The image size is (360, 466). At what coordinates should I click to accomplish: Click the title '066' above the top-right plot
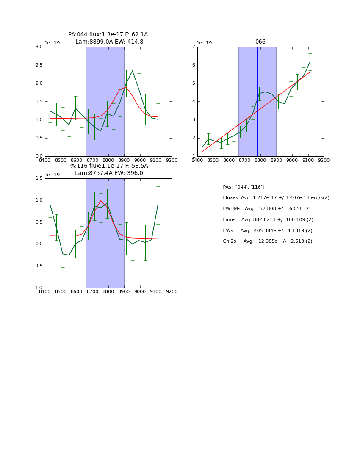tap(260, 42)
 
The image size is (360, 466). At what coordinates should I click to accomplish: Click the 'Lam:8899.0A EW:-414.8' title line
tap(109, 42)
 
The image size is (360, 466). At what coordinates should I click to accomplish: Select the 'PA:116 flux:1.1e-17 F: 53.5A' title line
tap(108, 166)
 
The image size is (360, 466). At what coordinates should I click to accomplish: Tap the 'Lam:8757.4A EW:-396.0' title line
tap(109, 173)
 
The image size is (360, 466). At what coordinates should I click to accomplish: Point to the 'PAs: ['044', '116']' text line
tap(243, 187)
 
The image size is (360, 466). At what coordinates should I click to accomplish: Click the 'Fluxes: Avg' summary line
tap(276, 198)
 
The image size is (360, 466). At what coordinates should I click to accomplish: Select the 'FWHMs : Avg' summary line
tap(266, 209)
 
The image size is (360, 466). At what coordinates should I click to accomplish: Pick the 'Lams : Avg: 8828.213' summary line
tap(268, 220)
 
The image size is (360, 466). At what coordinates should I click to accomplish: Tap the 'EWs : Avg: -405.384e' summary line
tap(268, 230)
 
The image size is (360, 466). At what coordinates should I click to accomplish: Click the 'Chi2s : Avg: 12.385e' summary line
tap(268, 241)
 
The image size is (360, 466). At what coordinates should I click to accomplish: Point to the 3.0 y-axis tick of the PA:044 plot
tap(39, 47)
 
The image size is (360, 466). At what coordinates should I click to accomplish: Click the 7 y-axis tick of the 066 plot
tap(193, 47)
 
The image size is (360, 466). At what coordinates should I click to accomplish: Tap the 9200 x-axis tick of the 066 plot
tap(324, 160)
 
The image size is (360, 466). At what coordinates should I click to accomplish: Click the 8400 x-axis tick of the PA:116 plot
tap(45, 291)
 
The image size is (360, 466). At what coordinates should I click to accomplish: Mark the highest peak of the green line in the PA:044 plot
tap(132, 70)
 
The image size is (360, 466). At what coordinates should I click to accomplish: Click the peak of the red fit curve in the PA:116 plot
tap(101, 201)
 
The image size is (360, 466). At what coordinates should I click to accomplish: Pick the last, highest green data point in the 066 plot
tap(310, 62)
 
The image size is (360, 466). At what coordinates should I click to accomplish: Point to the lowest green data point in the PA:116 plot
tap(69, 255)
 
